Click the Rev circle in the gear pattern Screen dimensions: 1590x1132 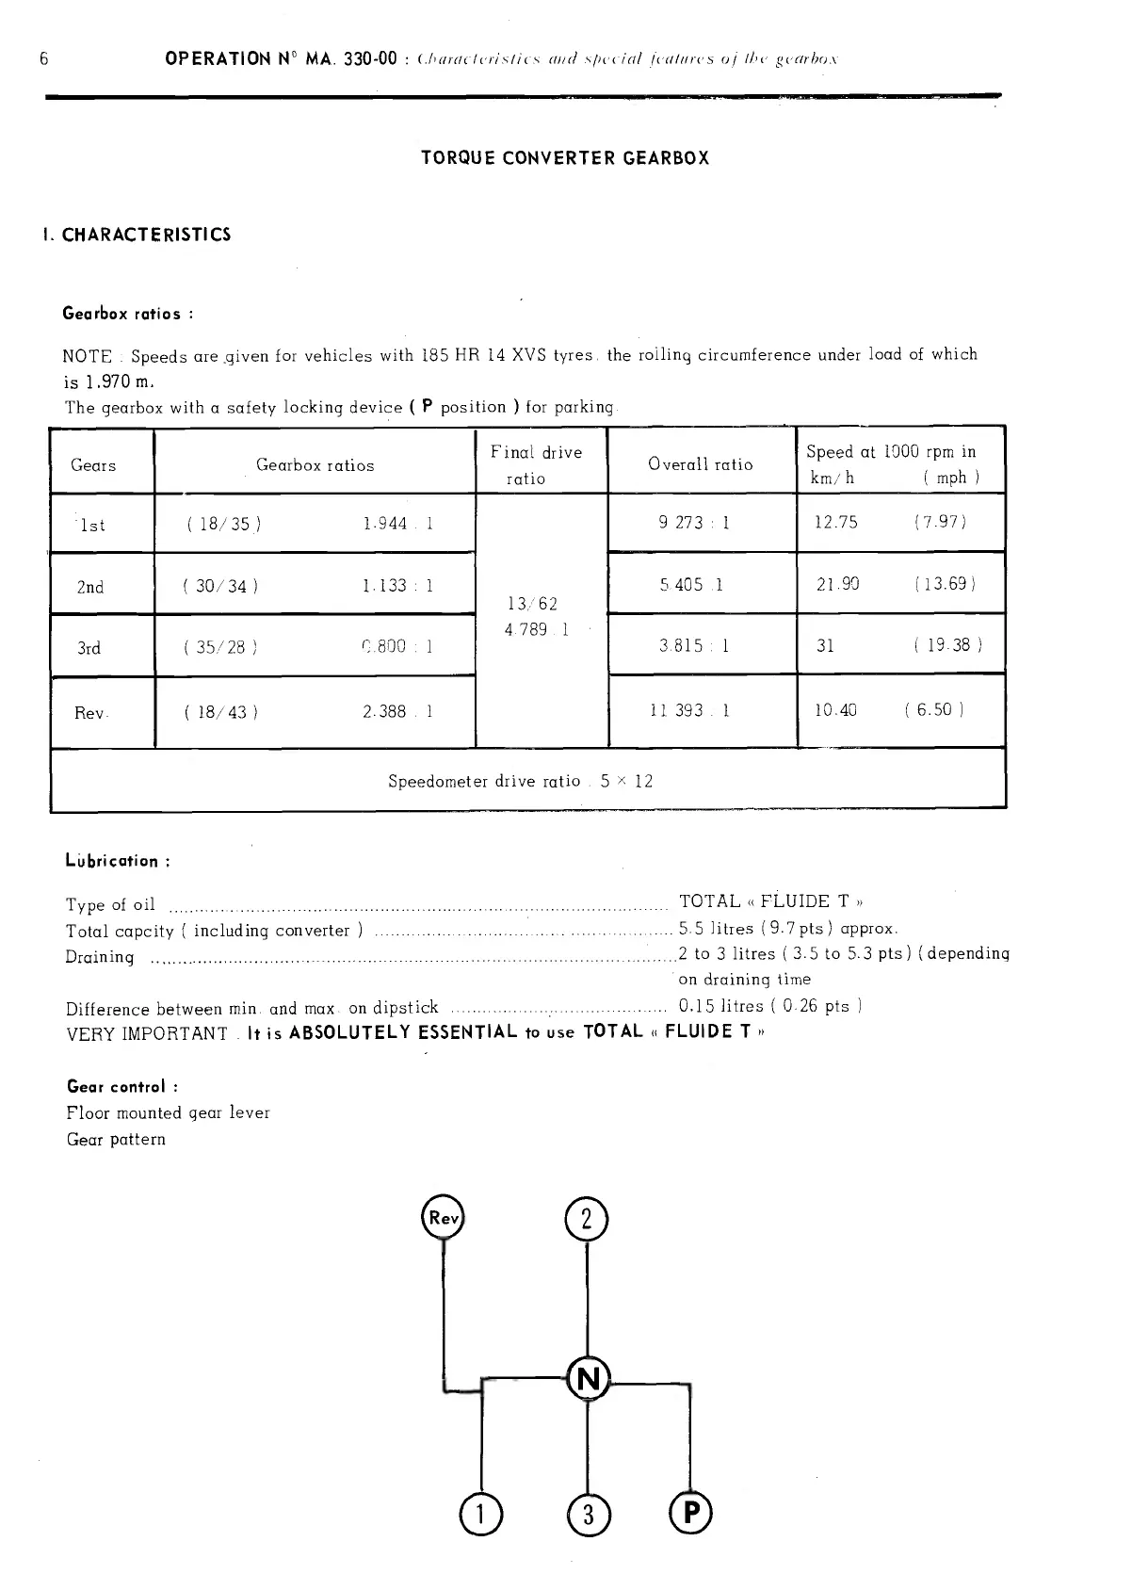click(x=442, y=1217)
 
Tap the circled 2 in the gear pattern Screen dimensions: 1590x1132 click(x=587, y=1221)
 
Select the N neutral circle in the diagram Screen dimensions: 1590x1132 click(x=589, y=1379)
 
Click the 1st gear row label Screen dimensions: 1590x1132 click(x=92, y=526)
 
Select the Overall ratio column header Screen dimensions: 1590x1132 click(x=700, y=464)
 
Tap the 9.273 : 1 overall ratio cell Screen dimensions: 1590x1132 click(x=694, y=522)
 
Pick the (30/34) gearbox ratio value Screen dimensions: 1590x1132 click(x=221, y=587)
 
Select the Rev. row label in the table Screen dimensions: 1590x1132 click(x=91, y=713)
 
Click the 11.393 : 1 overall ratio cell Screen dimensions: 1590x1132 click(x=689, y=710)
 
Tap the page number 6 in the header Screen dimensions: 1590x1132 click(x=44, y=58)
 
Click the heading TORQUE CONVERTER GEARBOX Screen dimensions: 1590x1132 click(x=565, y=158)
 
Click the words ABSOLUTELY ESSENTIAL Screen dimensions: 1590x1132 click(x=403, y=1031)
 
